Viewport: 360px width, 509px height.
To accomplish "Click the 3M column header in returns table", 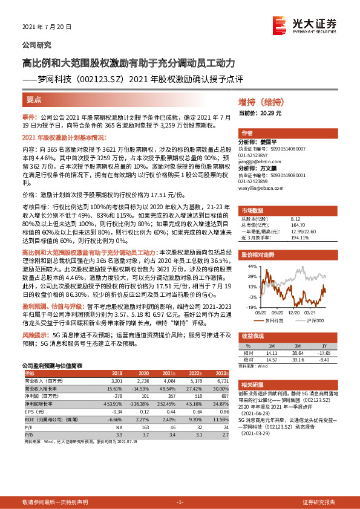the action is click(297, 345).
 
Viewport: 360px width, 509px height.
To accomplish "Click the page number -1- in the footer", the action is click(180, 502).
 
